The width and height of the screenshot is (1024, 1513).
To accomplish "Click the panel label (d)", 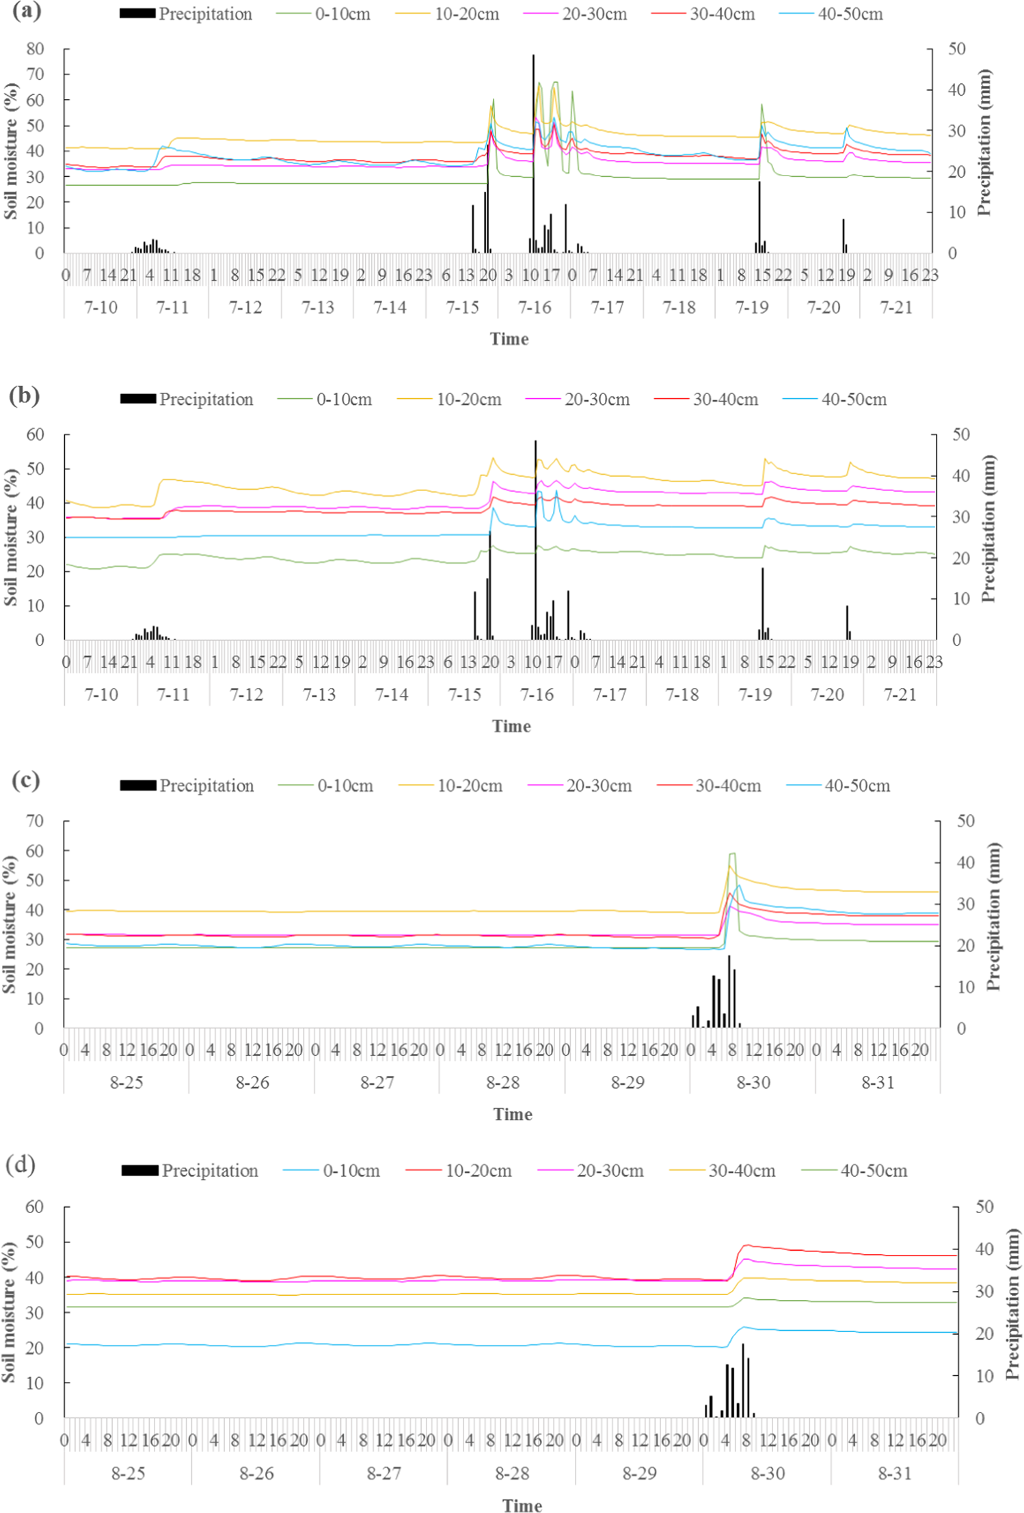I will pyautogui.click(x=21, y=1164).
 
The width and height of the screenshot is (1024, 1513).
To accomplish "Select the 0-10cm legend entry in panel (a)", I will pyautogui.click(x=324, y=14).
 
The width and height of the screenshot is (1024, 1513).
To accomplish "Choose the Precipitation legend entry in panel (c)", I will pyautogui.click(x=187, y=786).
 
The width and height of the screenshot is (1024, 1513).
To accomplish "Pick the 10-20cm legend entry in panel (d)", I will pyautogui.click(x=459, y=1171).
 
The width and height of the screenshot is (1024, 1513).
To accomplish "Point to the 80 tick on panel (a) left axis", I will pyautogui.click(x=35, y=48).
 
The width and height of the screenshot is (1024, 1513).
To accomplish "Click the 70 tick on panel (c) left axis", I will pyautogui.click(x=34, y=820).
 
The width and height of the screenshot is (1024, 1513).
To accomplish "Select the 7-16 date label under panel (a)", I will pyautogui.click(x=535, y=307).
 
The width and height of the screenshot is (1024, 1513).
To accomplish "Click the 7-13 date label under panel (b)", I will pyautogui.click(x=319, y=695).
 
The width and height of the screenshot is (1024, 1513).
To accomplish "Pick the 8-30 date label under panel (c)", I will pyautogui.click(x=753, y=1083).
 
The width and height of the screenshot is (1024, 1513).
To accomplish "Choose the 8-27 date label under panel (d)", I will pyautogui.click(x=383, y=1473).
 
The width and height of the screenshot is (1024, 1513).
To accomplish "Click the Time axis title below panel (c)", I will pyautogui.click(x=512, y=1114).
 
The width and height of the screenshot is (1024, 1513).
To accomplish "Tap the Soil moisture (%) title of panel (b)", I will pyautogui.click(x=10, y=537).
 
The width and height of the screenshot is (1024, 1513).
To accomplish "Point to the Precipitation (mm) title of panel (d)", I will pyautogui.click(x=1012, y=1303).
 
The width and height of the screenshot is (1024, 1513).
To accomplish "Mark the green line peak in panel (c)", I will pyautogui.click(x=732, y=853).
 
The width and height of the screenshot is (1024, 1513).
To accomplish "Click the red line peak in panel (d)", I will pyautogui.click(x=747, y=1245).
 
